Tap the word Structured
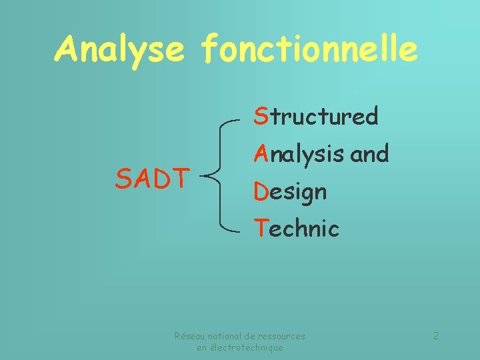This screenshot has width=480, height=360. (x=315, y=117)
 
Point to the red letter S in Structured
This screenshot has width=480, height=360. (x=260, y=116)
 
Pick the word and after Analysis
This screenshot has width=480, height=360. (x=369, y=154)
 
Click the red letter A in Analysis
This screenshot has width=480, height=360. (x=261, y=154)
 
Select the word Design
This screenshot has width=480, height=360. (x=289, y=193)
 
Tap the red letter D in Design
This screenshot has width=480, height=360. (x=261, y=192)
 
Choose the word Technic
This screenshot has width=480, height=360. (x=296, y=229)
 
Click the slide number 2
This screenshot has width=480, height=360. (x=436, y=336)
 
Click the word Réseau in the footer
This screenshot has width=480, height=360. (x=189, y=337)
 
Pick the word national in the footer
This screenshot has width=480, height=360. (x=223, y=337)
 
